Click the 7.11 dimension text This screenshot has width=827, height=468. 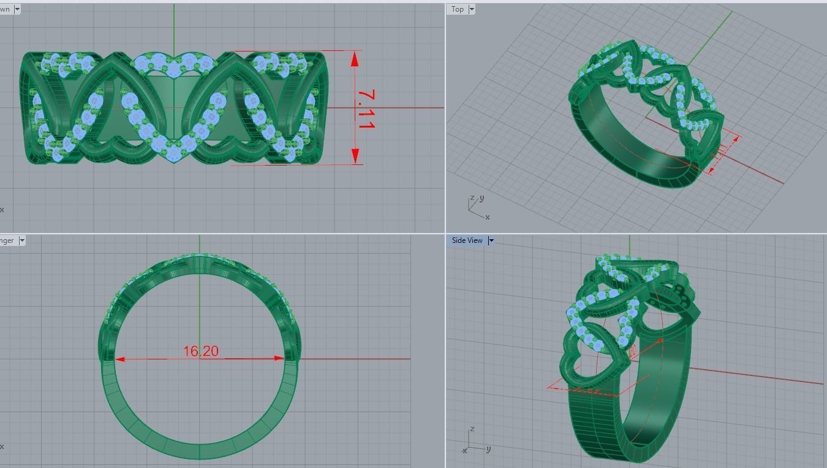point(366,109)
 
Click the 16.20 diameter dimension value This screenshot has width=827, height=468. point(200,351)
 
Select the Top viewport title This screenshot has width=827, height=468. point(458,9)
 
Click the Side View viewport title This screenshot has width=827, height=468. point(467,240)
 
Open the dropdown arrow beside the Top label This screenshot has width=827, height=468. point(472,9)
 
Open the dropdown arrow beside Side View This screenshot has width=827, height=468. point(490,240)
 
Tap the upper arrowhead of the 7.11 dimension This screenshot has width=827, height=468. point(355,58)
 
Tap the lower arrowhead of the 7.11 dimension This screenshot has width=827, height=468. point(355,157)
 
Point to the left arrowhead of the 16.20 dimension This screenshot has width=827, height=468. point(119,359)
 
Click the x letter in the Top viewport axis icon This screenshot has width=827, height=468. point(488,217)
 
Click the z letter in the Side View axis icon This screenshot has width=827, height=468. point(471,429)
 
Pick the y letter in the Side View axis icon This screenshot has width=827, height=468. point(488,449)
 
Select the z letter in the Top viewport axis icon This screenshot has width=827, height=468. point(471,198)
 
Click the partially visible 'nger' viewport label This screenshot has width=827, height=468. point(7,240)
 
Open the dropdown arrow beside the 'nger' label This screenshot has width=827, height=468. point(22,240)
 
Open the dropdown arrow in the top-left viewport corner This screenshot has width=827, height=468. point(17,9)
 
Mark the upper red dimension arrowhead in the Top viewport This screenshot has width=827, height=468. point(735,139)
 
